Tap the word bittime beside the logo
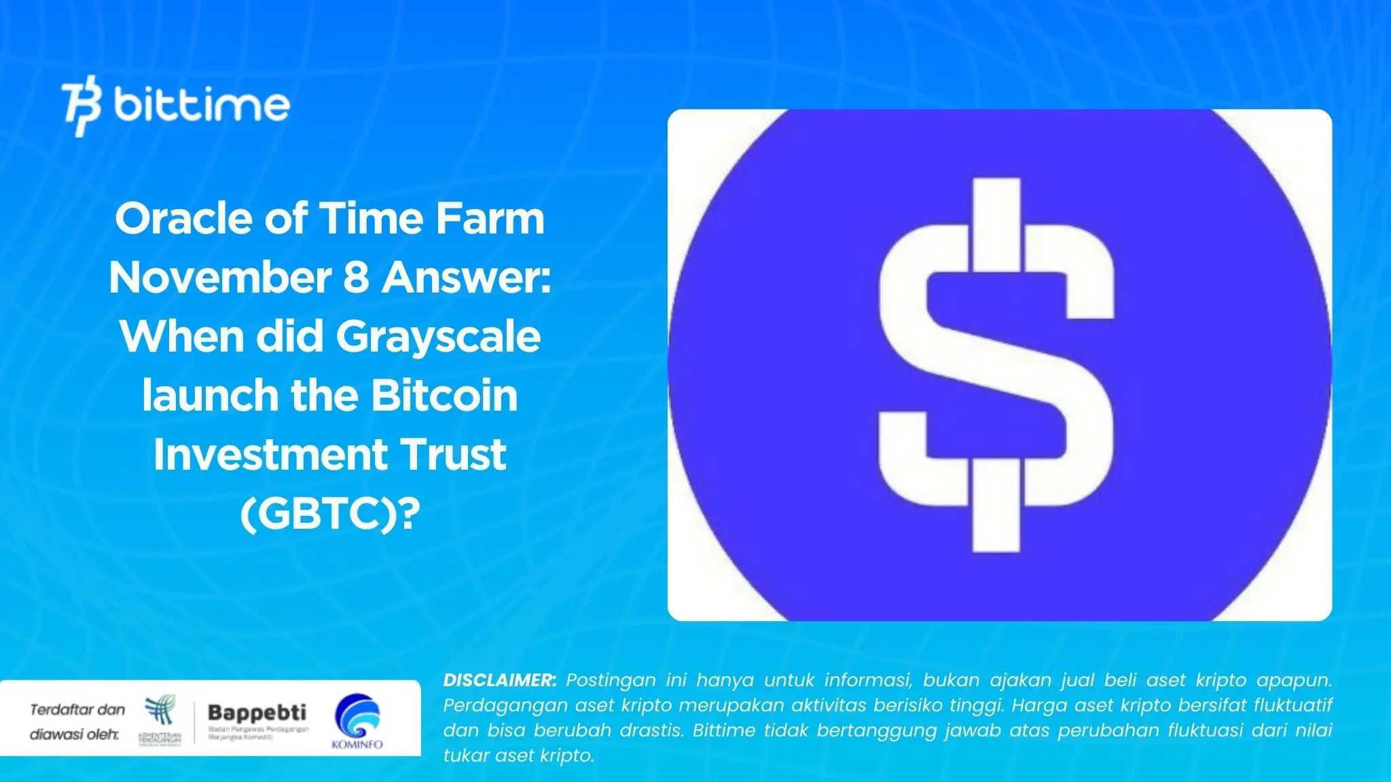click(x=202, y=105)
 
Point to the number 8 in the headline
click(x=357, y=278)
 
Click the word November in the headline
click(x=220, y=278)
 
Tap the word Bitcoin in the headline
click(x=444, y=396)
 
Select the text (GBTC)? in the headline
click(x=330, y=514)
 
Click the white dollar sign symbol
click(x=996, y=365)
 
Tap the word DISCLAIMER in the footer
click(x=499, y=680)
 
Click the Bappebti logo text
click(x=257, y=713)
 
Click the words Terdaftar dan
click(x=77, y=710)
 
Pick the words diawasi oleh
click(x=74, y=734)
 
